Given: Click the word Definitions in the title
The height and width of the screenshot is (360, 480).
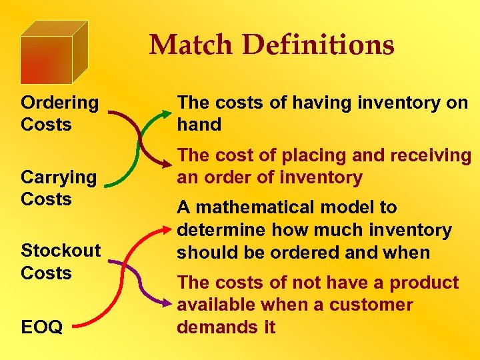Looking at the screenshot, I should [x=319, y=45].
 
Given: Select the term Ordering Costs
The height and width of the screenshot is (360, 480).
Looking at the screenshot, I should [x=59, y=113].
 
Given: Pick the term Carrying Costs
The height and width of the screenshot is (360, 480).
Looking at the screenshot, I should [x=59, y=187].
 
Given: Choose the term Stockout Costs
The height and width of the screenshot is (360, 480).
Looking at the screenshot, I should [x=61, y=261].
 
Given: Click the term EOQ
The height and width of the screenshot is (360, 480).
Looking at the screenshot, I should [x=42, y=327].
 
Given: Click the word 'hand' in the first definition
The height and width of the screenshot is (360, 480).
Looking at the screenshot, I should [x=199, y=125].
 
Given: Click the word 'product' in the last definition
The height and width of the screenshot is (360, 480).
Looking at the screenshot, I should [x=424, y=283].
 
